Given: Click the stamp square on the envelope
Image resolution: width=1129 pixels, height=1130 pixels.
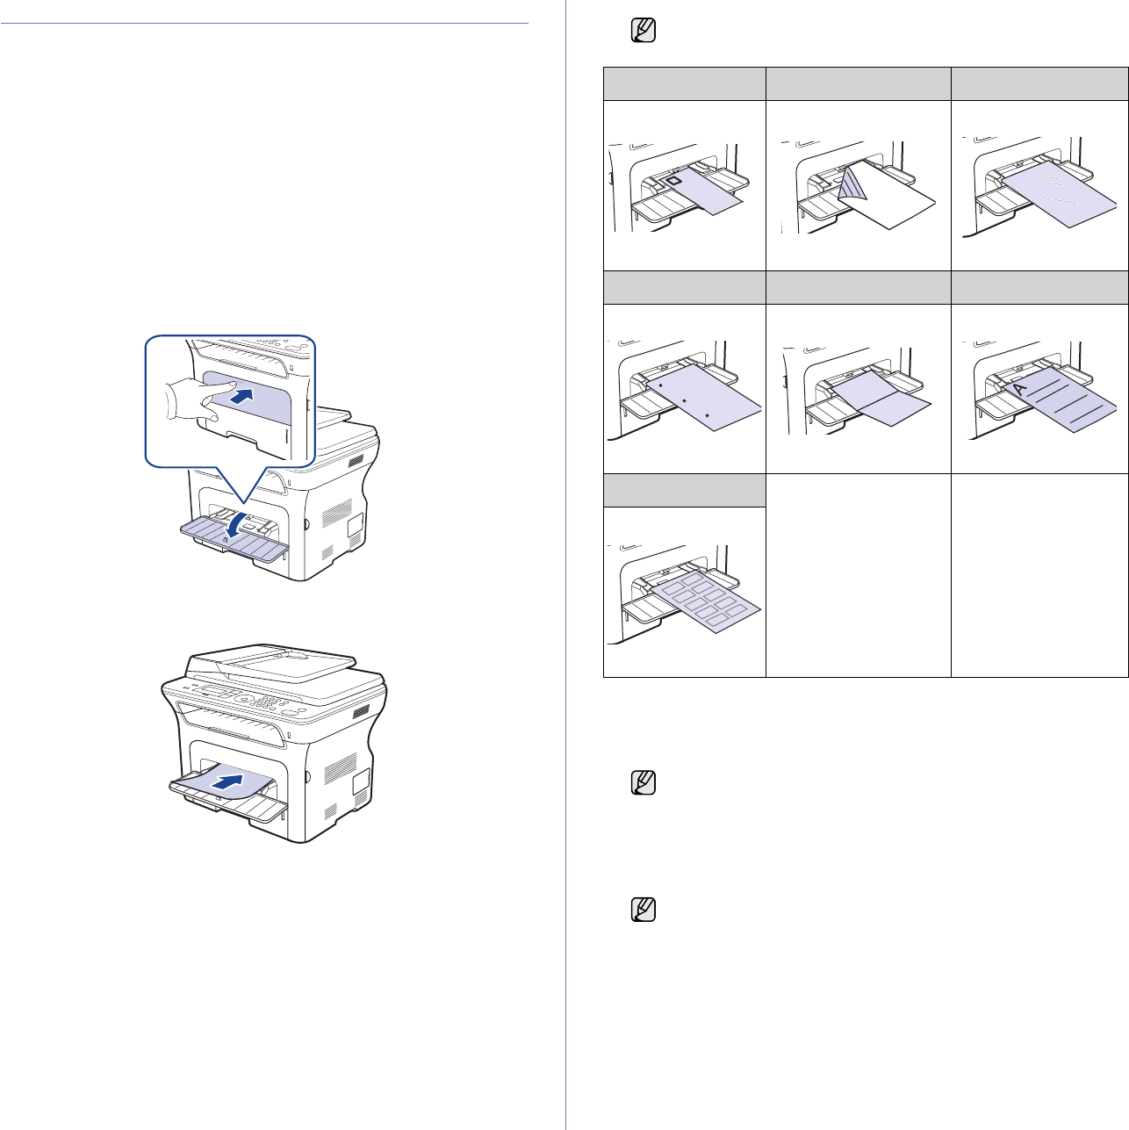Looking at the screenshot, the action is point(673,181).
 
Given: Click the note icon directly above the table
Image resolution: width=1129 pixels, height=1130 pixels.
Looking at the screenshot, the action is point(644,32).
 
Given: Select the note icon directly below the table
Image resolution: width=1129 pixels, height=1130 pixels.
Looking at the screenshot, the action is point(644,783).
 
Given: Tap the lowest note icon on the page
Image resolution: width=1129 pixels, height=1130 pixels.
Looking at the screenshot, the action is point(644,910).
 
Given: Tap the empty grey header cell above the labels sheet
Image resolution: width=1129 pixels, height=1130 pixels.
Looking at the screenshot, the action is point(684,491).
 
